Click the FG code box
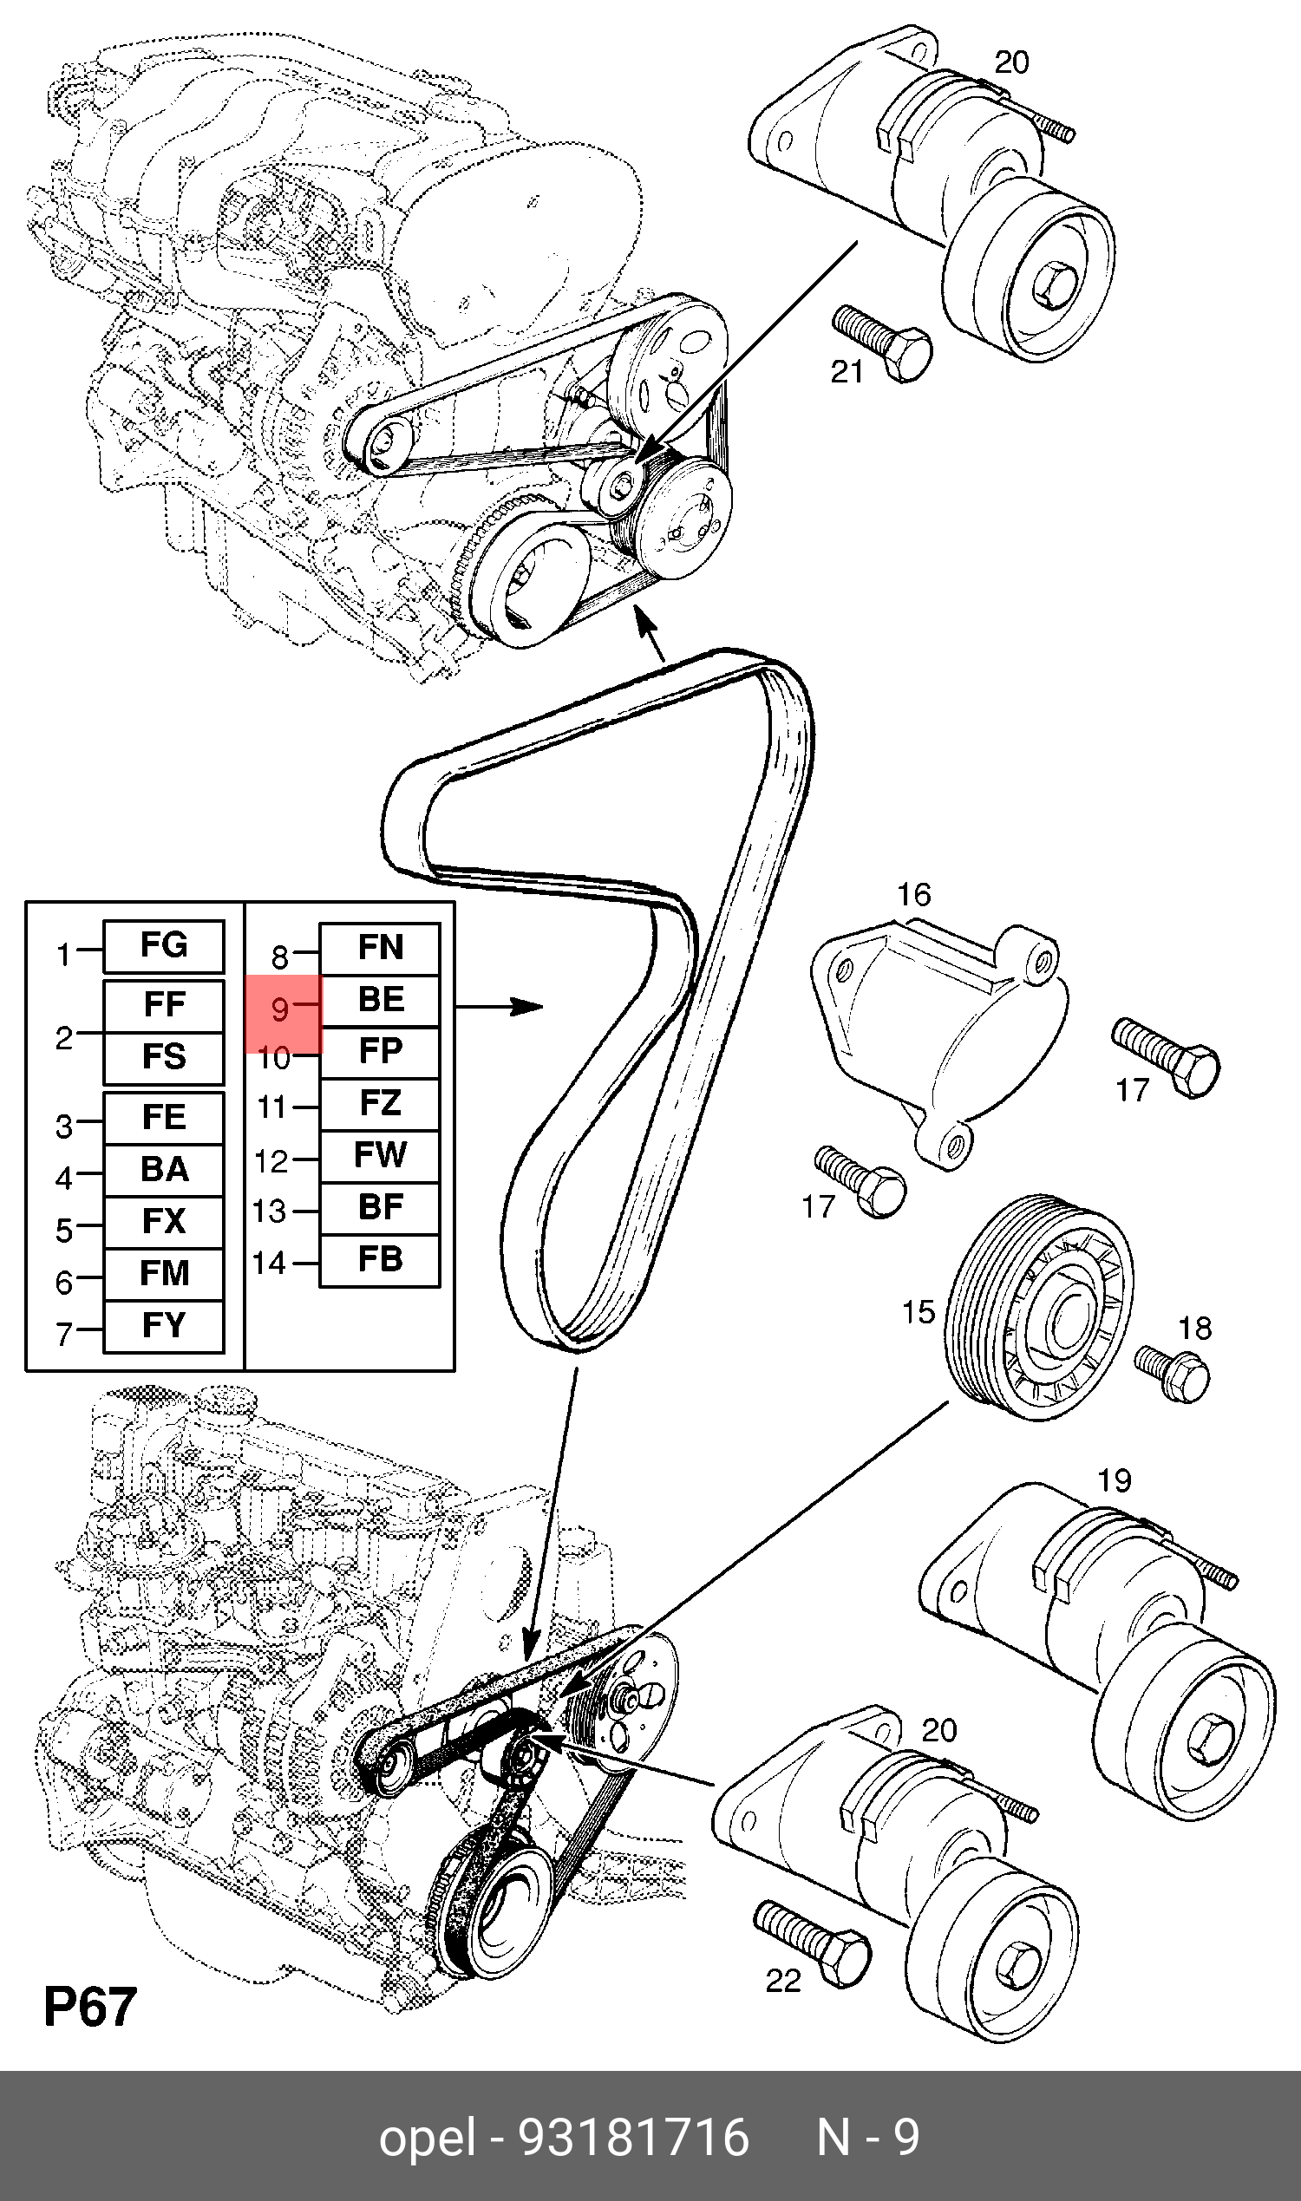point(164,946)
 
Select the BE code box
point(380,1000)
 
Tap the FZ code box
point(380,1104)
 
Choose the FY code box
point(164,1325)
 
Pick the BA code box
point(164,1169)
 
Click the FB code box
point(380,1259)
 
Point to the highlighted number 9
point(280,1010)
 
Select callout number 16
point(913,895)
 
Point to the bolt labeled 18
point(1171,1373)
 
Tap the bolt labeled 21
point(882,342)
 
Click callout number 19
point(1115,1480)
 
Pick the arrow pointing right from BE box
point(500,1008)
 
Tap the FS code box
point(164,1057)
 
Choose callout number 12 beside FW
point(271,1161)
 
